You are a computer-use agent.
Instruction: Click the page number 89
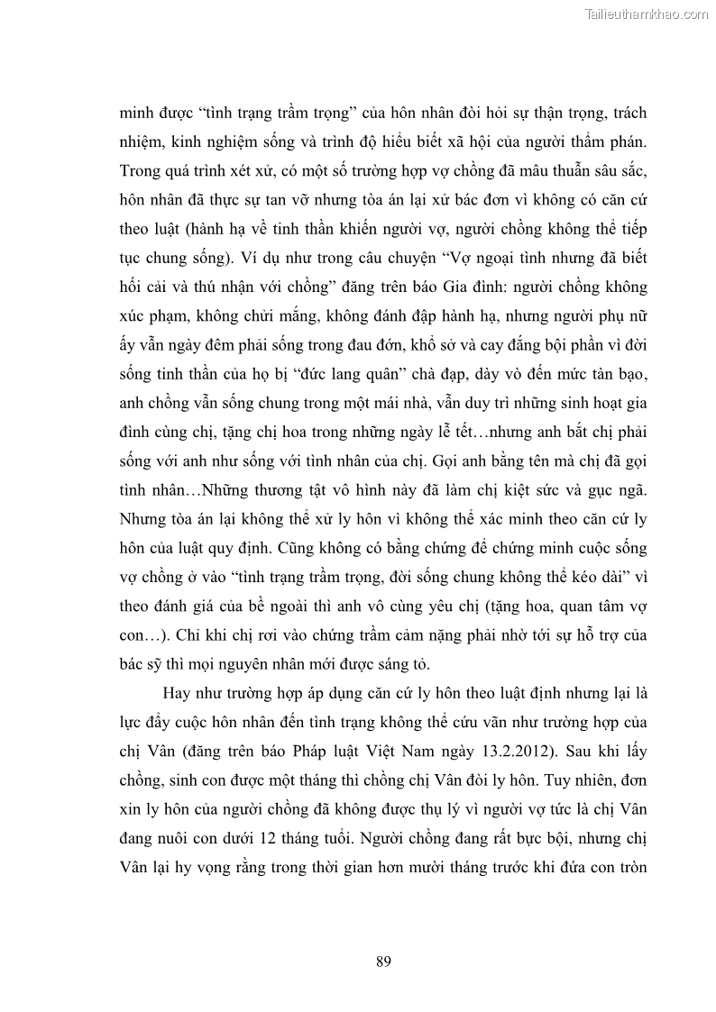[x=382, y=961]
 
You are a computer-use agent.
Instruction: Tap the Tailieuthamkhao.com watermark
[x=647, y=14]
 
